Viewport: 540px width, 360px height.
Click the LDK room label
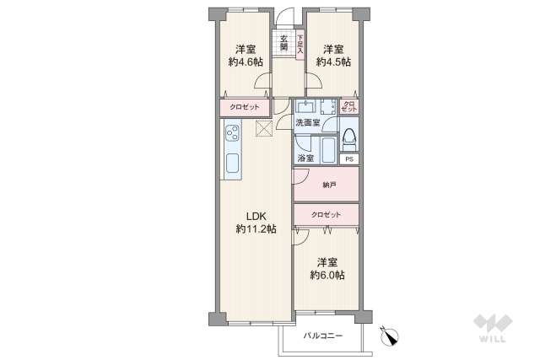256,217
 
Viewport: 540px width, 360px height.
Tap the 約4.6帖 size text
246,62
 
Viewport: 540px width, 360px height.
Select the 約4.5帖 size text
334,62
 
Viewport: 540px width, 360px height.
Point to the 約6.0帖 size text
327,275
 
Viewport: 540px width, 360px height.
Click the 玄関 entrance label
283,43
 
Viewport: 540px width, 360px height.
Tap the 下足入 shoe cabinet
300,45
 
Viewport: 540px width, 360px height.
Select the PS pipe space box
349,159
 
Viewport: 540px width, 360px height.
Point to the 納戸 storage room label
329,185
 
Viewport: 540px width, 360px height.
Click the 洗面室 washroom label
307,122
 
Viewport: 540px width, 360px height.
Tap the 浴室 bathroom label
305,159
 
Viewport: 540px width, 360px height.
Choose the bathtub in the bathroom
328,150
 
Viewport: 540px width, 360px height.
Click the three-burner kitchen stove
233,132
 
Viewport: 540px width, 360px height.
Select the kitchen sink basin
233,164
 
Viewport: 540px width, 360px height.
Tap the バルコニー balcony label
322,336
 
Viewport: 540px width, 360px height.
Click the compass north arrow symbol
390,336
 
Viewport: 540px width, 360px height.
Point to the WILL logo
493,328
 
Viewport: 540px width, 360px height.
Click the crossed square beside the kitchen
264,129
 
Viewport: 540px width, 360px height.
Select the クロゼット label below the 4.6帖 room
245,107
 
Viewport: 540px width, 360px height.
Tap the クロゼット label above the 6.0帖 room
326,215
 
